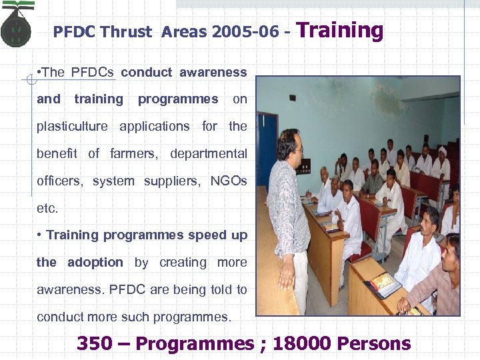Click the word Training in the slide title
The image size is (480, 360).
pos(339,30)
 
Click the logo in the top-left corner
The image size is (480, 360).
pos(16,27)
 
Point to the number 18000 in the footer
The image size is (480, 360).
pos(301,343)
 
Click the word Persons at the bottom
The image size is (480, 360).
pos(374,343)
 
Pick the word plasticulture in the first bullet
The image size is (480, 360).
pos(72,126)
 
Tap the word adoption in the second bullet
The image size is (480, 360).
pos(95,262)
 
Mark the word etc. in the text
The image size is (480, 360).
pos(47,208)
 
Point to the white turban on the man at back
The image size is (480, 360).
pos(441,151)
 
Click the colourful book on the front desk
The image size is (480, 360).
pos(383,283)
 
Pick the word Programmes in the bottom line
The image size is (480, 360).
pos(194,343)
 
